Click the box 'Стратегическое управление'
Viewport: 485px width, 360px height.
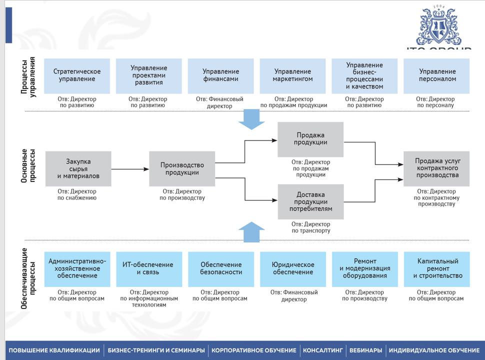[77, 76]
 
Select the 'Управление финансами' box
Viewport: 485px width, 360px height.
[221, 76]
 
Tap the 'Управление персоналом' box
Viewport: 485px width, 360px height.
[436, 76]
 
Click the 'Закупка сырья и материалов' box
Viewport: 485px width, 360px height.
[78, 169]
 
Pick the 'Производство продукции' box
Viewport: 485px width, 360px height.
[182, 169]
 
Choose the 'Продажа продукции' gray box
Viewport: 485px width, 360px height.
[310, 139]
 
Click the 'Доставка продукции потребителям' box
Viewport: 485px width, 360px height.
[311, 202]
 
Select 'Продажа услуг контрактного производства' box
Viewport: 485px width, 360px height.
[436, 169]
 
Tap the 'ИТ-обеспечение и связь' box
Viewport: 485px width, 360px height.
[149, 269]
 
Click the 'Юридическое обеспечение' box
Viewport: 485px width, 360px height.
[293, 269]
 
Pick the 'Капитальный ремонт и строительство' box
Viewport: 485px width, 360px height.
[436, 269]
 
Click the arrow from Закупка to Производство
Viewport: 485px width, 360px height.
[130, 169]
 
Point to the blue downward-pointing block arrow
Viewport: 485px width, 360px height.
[251, 119]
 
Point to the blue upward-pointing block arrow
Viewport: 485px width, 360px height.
[251, 232]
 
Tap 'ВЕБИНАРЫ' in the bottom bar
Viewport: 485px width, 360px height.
[365, 350]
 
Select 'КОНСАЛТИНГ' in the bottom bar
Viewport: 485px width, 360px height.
[322, 350]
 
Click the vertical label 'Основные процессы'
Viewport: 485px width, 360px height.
[28, 166]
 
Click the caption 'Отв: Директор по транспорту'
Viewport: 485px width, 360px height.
[311, 227]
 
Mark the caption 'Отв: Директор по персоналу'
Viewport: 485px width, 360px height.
[435, 102]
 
